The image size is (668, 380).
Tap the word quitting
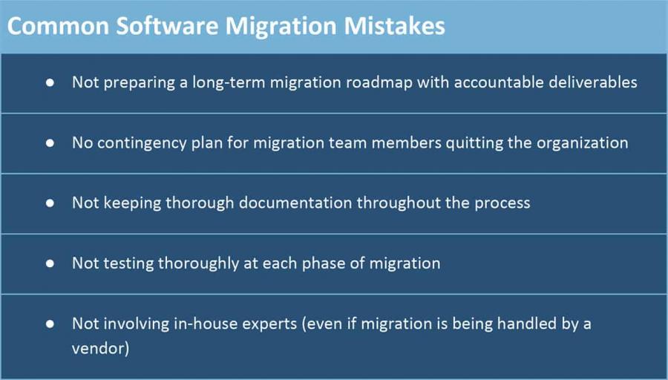point(479,142)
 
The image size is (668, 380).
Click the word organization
point(582,142)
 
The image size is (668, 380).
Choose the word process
point(502,203)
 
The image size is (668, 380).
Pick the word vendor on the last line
point(100,348)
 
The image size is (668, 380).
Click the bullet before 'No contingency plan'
point(50,142)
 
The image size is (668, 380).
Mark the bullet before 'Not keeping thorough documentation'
point(50,203)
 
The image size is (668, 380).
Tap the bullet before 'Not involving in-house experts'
point(50,324)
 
